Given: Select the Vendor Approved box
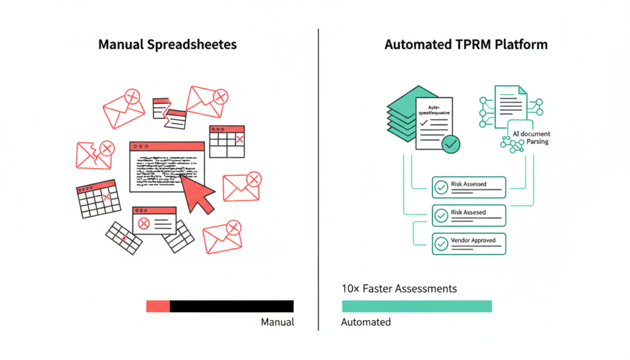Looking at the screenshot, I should (468, 243).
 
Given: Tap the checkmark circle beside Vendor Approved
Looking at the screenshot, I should (441, 244).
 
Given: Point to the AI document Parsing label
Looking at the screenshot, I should (531, 138).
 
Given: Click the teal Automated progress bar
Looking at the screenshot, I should (417, 306).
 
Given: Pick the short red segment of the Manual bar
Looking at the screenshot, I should (157, 306).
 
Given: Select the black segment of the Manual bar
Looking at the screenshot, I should (231, 306).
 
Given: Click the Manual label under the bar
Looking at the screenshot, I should (277, 322).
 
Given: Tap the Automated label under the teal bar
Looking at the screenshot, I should (365, 322).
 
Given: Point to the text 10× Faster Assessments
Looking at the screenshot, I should (399, 288).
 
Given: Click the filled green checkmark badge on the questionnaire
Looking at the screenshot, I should (451, 145).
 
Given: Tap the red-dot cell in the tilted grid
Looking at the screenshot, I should (124, 238).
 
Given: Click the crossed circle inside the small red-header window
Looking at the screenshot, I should (144, 224).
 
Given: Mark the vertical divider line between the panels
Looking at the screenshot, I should (318, 178).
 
